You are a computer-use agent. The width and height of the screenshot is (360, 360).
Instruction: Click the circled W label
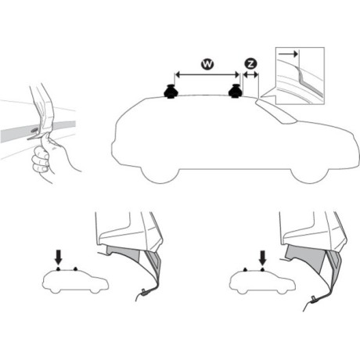(x=207, y=64)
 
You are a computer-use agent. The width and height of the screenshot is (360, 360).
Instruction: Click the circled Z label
(x=250, y=64)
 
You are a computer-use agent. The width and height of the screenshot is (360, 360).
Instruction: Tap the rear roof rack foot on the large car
(x=171, y=92)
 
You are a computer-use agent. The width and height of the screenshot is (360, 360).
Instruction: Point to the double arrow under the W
(x=207, y=75)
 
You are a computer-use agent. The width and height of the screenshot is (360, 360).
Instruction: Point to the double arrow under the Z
(x=250, y=75)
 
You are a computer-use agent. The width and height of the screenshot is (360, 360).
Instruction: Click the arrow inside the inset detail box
(x=288, y=54)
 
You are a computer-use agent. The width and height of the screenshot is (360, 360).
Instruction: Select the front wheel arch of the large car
(x=310, y=175)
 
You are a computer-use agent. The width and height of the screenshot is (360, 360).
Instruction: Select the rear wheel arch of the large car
(x=160, y=175)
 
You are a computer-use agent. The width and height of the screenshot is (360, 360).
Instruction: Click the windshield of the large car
(x=276, y=111)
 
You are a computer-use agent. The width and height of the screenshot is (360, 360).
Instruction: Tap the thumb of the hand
(x=47, y=139)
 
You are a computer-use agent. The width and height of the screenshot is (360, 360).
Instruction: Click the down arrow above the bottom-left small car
(x=59, y=257)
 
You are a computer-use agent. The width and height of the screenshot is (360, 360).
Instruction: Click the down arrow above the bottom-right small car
(x=263, y=257)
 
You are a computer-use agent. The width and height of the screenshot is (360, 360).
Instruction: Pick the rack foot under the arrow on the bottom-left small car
(x=59, y=268)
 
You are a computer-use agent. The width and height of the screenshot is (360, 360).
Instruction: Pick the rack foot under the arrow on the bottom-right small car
(x=263, y=269)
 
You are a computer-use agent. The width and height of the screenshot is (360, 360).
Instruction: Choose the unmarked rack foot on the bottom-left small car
(x=76, y=268)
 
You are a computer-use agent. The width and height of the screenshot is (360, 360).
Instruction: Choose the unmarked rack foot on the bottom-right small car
(x=246, y=269)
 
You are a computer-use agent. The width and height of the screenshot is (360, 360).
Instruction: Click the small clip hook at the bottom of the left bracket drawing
(x=144, y=291)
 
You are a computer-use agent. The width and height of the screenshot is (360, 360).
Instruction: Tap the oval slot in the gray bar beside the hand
(x=34, y=130)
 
